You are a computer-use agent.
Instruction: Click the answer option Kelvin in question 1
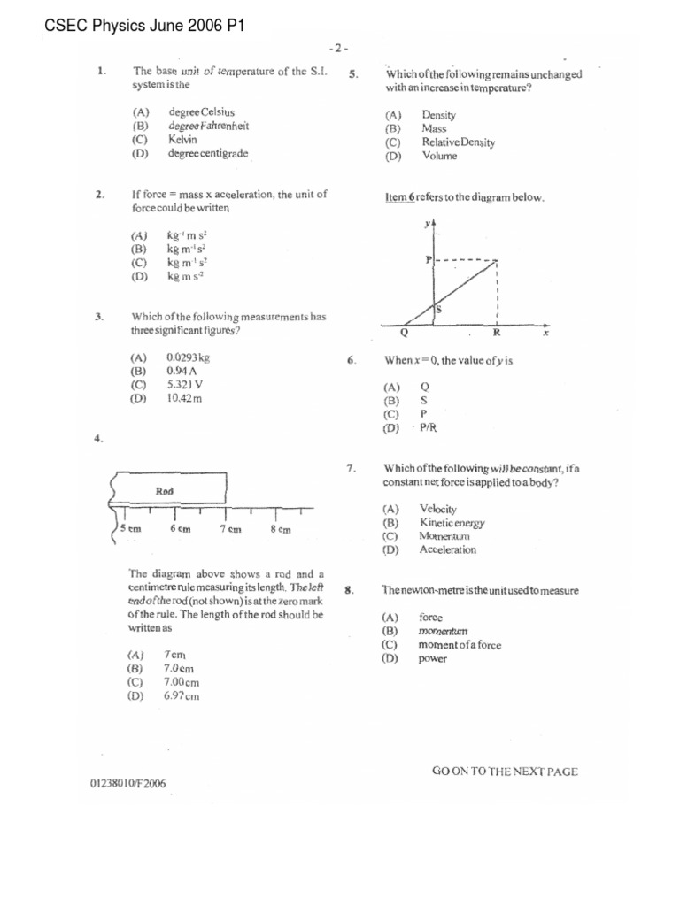pos(182,140)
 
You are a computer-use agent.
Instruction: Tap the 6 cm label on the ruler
pos(180,529)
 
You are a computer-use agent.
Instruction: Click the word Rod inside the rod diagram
pos(165,490)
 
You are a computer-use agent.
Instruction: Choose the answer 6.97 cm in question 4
pos(181,696)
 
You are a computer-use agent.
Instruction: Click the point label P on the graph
pos(429,259)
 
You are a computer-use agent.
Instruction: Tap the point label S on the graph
pos(438,310)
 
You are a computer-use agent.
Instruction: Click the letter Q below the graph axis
pos(405,334)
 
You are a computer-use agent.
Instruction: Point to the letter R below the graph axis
pos(496,334)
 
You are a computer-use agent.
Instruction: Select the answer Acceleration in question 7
pos(447,549)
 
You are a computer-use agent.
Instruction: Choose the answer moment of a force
pos(460,645)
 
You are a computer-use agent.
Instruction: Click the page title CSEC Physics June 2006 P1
pos(144,27)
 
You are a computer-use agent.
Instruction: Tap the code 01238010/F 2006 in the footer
pos(127,783)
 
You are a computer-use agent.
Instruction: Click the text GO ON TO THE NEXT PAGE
pos(505,771)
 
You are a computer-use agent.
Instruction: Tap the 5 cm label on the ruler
pos(129,529)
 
